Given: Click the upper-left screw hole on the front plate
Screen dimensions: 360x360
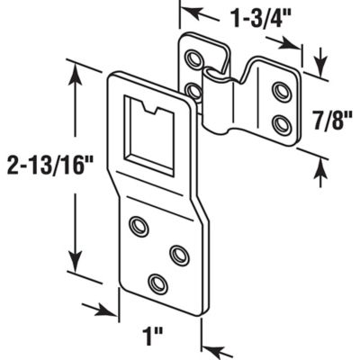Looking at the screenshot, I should [x=139, y=226].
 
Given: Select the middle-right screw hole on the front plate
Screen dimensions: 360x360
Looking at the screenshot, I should [x=176, y=255].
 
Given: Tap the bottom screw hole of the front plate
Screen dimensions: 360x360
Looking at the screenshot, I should [x=158, y=283].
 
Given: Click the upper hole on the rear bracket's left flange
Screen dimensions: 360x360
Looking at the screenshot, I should [x=192, y=61].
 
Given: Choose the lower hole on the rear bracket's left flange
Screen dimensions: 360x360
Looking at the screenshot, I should [x=193, y=91].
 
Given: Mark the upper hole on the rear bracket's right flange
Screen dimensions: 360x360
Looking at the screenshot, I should [x=280, y=93].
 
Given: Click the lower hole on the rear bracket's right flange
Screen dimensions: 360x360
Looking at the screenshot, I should [x=280, y=121].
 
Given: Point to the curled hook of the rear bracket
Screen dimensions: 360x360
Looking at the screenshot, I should [x=216, y=91].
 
